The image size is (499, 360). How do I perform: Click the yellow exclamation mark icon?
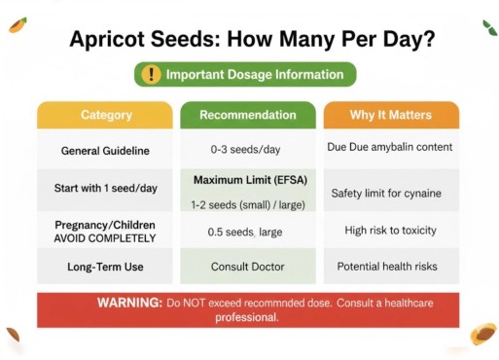pyautogui.click(x=151, y=74)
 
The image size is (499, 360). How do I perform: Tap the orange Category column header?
pyautogui.click(x=106, y=115)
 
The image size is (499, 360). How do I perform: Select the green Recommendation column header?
pyautogui.click(x=248, y=115)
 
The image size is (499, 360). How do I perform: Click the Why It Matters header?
pyautogui.click(x=390, y=115)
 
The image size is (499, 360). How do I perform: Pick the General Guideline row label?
pyautogui.click(x=106, y=151)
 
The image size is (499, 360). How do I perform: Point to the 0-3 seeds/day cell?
pyautogui.click(x=248, y=151)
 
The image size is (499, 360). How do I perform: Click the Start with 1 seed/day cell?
pyautogui.click(x=106, y=187)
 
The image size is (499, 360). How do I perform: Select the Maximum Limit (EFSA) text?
pyautogui.click(x=248, y=180)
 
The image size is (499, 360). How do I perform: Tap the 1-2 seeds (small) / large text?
pyautogui.click(x=248, y=204)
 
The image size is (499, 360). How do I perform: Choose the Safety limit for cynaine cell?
pyautogui.click(x=386, y=193)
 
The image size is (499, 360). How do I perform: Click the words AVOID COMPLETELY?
pyautogui.click(x=106, y=237)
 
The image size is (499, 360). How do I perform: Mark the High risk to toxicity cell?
pyautogui.click(x=390, y=231)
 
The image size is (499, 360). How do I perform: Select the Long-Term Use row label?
pyautogui.click(x=106, y=266)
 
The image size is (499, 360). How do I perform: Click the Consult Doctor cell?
pyautogui.click(x=248, y=266)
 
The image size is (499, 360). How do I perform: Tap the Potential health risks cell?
pyautogui.click(x=387, y=266)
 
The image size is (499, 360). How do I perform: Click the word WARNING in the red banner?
pyautogui.click(x=130, y=303)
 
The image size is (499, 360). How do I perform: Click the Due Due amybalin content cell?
pyautogui.click(x=390, y=147)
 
